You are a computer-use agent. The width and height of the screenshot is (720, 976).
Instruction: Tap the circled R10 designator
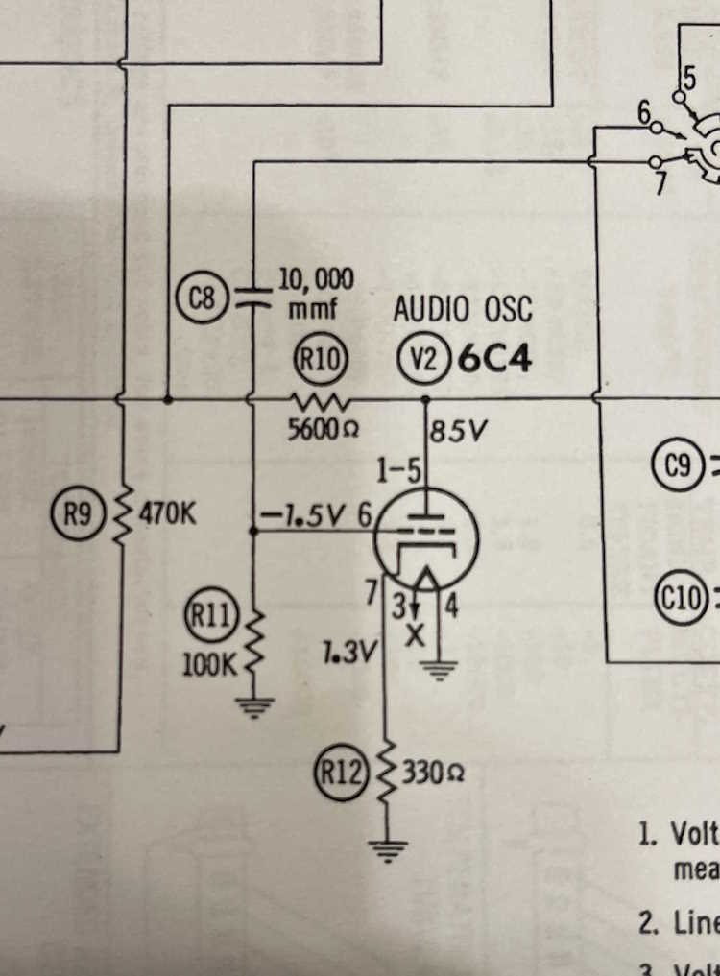pos(318,361)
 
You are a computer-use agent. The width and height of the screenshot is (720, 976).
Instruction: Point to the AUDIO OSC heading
pos(462,310)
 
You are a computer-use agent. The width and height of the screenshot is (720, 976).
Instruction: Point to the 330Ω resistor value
pos(432,773)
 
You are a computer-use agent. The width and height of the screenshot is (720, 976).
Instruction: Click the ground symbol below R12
pos(389,849)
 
